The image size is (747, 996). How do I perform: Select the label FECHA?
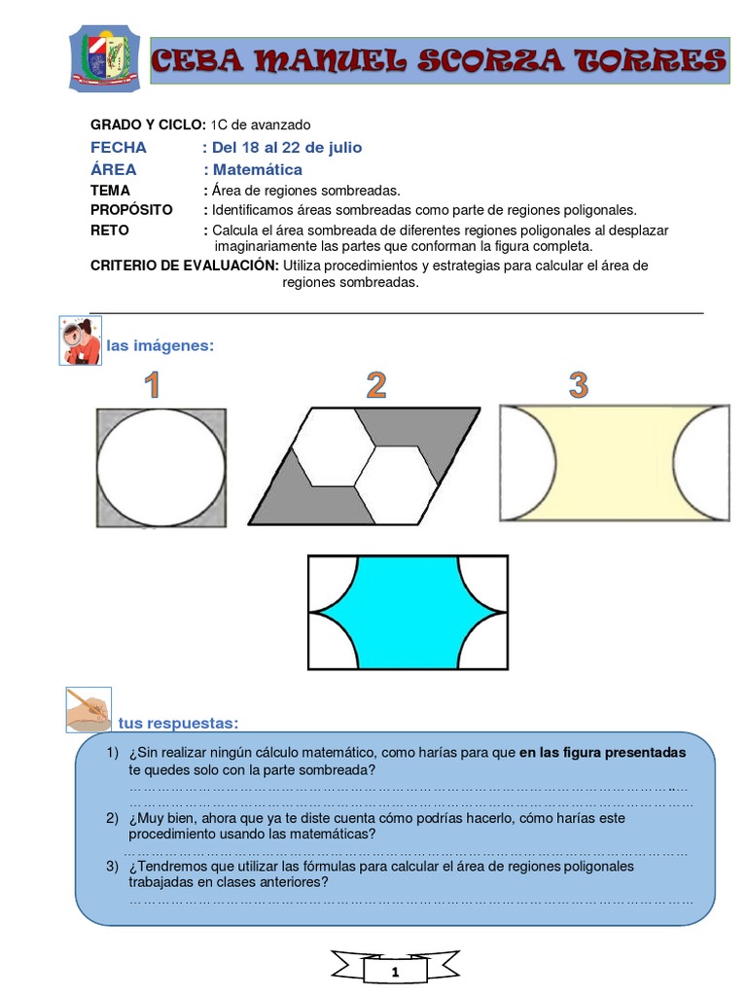(x=119, y=148)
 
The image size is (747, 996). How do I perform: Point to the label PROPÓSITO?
(x=131, y=210)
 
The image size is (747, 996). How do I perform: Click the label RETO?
(x=109, y=231)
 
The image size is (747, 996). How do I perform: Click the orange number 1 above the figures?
(x=152, y=386)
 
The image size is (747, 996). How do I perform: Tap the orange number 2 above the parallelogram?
(x=376, y=385)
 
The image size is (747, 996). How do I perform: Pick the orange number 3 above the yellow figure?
(x=579, y=385)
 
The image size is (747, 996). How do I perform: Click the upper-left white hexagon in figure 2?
(x=330, y=443)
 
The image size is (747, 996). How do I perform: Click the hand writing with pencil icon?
(x=88, y=709)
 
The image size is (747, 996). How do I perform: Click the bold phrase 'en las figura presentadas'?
(x=603, y=753)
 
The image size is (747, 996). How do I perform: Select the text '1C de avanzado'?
(x=261, y=124)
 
